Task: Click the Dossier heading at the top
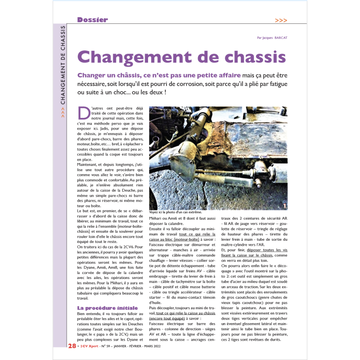pos(92,20)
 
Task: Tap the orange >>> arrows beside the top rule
pos(281,20)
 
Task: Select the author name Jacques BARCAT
pos(274,38)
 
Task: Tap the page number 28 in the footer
pos(72,346)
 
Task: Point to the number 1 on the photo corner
pos(284,206)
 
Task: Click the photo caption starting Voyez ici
pos(175,212)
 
